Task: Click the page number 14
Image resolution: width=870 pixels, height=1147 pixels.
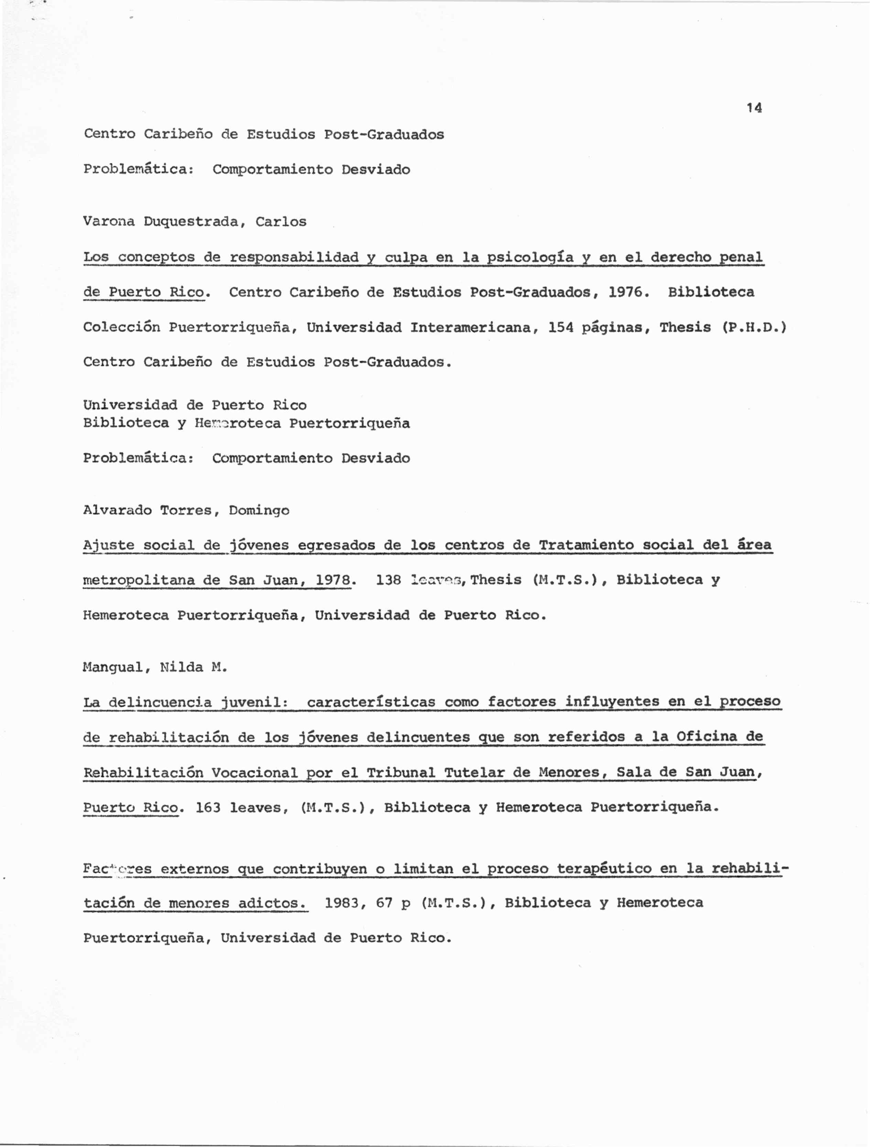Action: pyautogui.click(x=754, y=108)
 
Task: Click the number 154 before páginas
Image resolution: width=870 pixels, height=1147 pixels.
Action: pyautogui.click(x=560, y=327)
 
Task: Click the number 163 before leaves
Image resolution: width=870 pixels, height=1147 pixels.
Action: pyautogui.click(x=208, y=807)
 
